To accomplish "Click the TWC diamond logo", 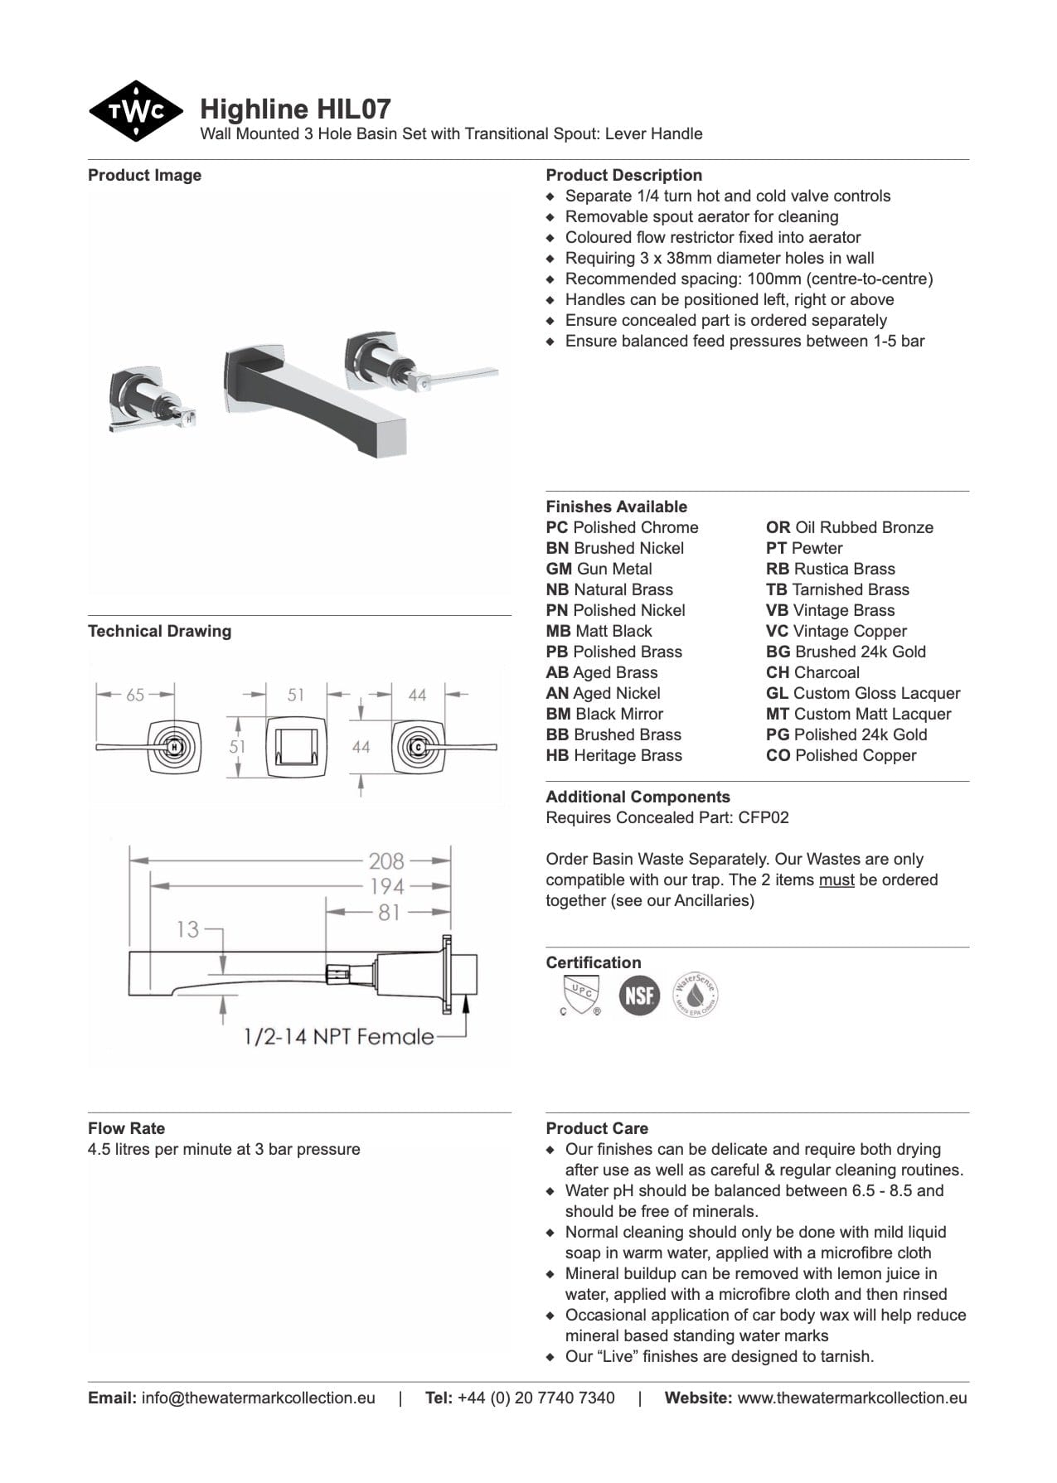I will (135, 111).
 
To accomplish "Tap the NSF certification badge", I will (639, 995).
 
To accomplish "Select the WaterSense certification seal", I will (695, 995).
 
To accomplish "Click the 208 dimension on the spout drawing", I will (386, 861).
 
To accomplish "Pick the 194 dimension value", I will (386, 886).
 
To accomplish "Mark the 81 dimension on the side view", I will (389, 912).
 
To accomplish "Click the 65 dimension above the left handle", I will (135, 695).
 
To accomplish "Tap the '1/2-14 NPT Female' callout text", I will (338, 1036).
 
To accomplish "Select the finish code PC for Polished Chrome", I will (557, 528).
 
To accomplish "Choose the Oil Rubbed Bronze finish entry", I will (849, 528).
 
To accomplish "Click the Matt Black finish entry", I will (599, 632).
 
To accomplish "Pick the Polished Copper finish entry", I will (841, 756).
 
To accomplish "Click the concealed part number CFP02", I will (764, 818).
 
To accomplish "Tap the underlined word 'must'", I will (836, 880).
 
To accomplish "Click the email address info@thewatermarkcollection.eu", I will (258, 1398).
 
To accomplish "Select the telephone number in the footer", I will (536, 1398).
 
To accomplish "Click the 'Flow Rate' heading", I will (126, 1128).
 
